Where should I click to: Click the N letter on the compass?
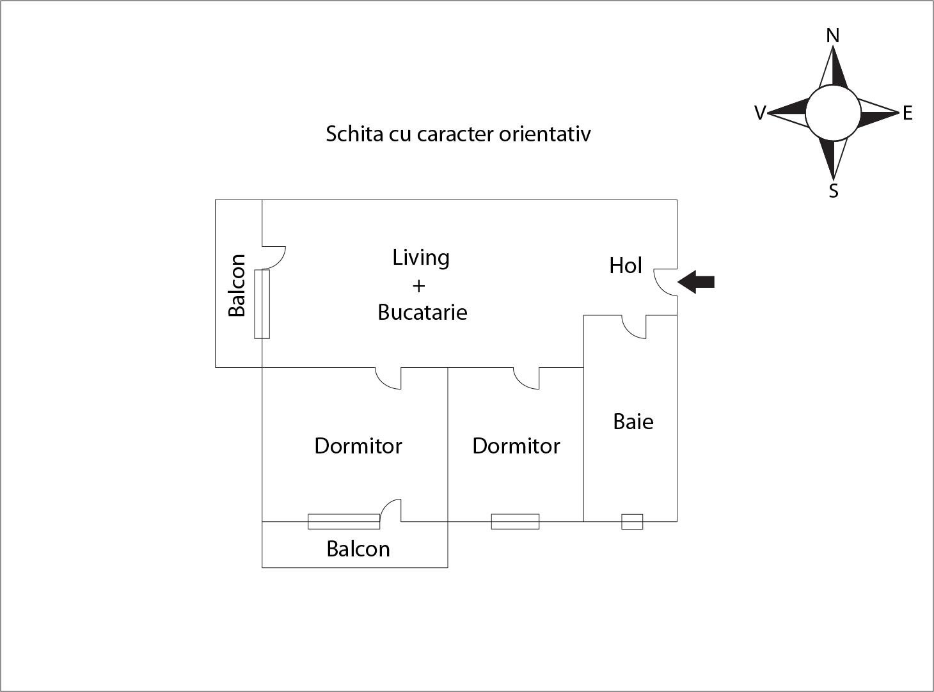pos(832,36)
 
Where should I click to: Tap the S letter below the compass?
pos(833,191)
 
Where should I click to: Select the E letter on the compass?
pos(907,114)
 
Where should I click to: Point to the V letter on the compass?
pos(759,113)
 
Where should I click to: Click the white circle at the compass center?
pos(832,113)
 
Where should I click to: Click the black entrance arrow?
pos(697,281)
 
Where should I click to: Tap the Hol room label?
pos(625,265)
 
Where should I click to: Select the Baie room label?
pos(633,422)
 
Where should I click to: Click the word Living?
pos(421,258)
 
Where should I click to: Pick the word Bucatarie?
pos(422,312)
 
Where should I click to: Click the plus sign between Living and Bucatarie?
pos(418,286)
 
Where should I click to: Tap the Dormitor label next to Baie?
pos(516,446)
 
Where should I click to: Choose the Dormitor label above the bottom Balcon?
pos(358,446)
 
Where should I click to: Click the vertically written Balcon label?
pos(237,285)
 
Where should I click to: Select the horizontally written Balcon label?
pos(358,549)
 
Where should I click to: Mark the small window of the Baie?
pos(632,521)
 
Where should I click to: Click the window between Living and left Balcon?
pos(262,304)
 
